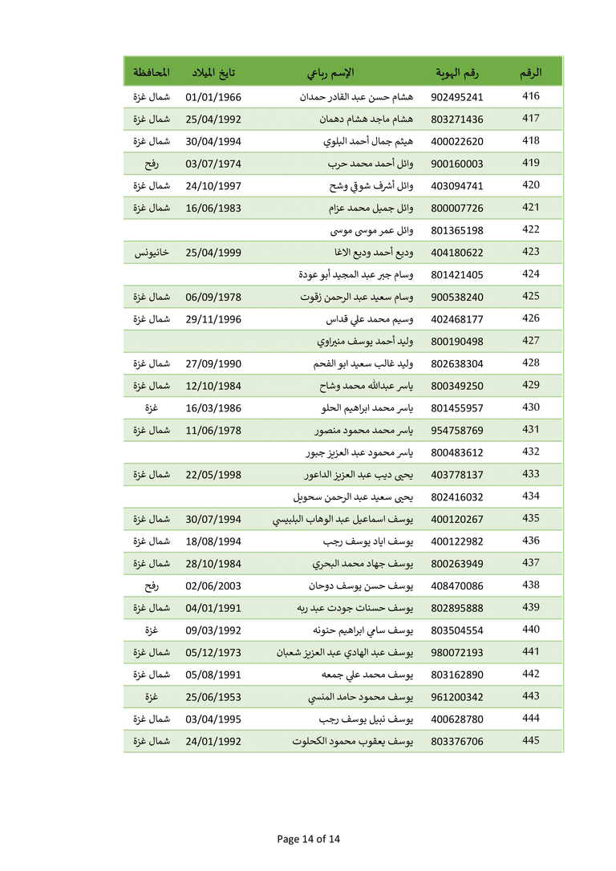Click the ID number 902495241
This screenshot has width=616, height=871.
tap(457, 97)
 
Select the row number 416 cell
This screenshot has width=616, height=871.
tap(530, 96)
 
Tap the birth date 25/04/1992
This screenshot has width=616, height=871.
tap(213, 120)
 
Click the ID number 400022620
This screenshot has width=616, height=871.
tap(457, 142)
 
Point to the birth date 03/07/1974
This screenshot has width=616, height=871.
tap(213, 164)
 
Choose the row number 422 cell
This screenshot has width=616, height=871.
tap(530, 229)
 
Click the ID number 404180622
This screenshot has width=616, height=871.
tap(457, 253)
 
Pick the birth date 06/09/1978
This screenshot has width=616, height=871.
tap(213, 297)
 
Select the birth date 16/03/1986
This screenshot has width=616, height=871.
tap(213, 407)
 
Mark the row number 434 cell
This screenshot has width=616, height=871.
tap(530, 496)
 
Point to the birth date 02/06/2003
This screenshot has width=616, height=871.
tap(213, 585)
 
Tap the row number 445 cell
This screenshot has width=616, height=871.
tap(530, 740)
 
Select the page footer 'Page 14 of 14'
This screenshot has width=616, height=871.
tap(309, 839)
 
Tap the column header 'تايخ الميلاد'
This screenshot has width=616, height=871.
tap(213, 73)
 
